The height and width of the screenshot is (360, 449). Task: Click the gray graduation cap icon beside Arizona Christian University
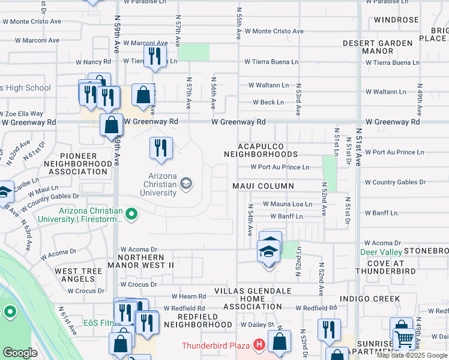(x=186, y=184)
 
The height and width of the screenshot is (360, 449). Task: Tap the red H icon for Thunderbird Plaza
(x=259, y=345)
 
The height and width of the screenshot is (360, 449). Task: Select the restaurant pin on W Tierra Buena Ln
(x=155, y=56)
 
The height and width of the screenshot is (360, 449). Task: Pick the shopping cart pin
(x=403, y=338)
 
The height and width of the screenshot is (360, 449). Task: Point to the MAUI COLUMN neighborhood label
(x=264, y=186)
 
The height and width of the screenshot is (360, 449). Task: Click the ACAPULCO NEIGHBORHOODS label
(x=268, y=150)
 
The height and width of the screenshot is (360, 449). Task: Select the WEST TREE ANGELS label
(x=79, y=276)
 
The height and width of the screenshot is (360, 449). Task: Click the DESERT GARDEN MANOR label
(x=378, y=47)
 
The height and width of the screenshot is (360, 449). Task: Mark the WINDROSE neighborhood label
(x=396, y=20)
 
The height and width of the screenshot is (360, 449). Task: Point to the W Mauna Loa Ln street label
(x=287, y=205)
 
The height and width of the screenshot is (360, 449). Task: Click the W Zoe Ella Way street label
(x=22, y=113)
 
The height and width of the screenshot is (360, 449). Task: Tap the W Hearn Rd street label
(x=188, y=296)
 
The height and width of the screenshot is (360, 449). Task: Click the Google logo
(x=20, y=353)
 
